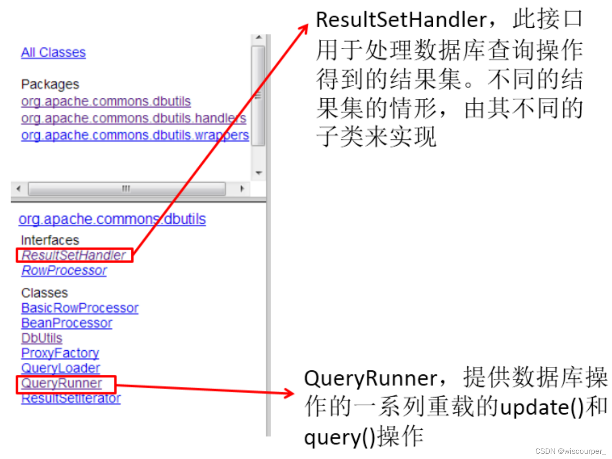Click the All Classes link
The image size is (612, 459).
53,53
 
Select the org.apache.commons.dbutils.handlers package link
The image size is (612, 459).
133,118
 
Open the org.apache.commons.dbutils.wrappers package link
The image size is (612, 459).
135,135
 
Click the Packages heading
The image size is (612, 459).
50,84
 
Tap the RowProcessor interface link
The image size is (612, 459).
64,271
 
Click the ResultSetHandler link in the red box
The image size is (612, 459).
74,255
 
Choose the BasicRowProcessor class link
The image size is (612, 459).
80,308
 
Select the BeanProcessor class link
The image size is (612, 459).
67,323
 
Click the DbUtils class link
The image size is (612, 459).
42,338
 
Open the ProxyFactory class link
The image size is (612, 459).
60,353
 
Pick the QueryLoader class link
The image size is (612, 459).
61,368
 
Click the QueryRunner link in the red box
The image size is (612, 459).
61,384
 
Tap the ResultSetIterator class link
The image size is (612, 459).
71,398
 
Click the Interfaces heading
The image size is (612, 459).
50,240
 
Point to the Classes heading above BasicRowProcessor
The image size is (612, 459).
45,293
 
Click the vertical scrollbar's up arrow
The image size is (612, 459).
259,38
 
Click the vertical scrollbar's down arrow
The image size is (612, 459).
259,173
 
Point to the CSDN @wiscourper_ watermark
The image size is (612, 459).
570,451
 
